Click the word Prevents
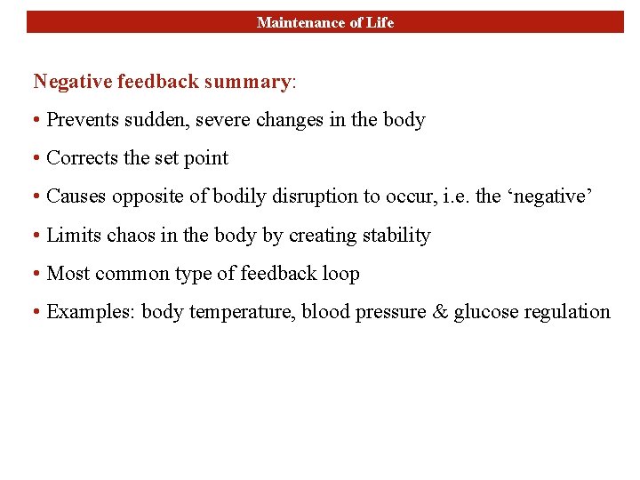(x=81, y=119)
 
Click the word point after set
(x=205, y=158)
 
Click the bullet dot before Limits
(x=37, y=236)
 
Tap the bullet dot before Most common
(x=37, y=274)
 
